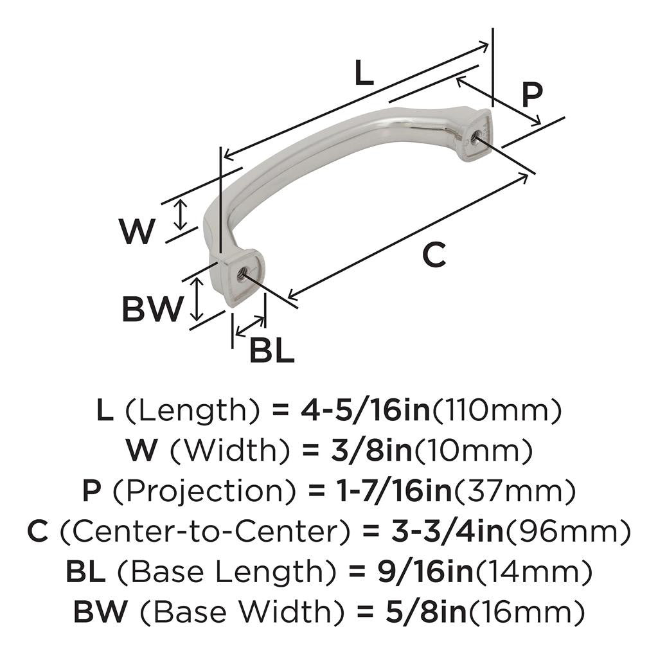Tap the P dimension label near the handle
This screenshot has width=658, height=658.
[x=532, y=94]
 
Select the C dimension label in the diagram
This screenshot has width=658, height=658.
[x=434, y=255]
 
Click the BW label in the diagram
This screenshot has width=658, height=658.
[x=152, y=310]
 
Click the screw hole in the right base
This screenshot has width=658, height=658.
[x=476, y=136]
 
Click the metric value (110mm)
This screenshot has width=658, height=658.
[x=496, y=410]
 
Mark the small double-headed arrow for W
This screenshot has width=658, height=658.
[x=182, y=215]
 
